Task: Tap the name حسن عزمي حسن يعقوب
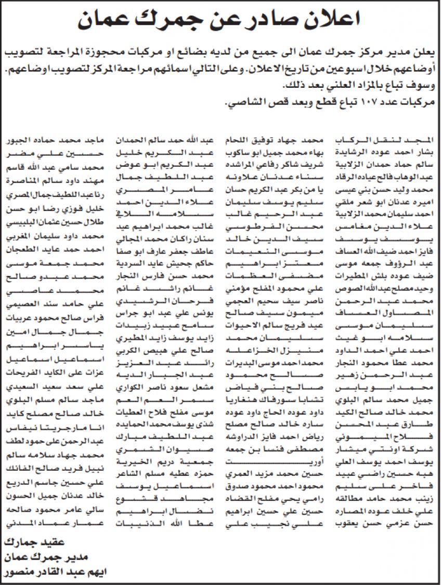click(386, 524)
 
